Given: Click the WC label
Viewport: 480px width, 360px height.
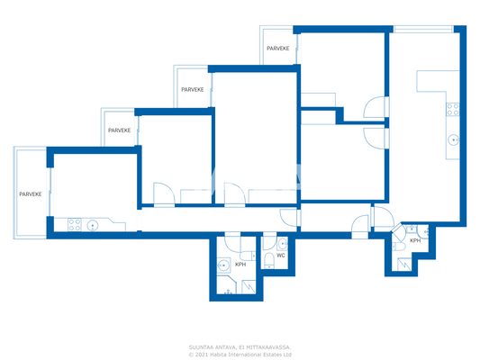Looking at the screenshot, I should click(280, 256).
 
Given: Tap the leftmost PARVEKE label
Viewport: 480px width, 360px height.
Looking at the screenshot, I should click(32, 193).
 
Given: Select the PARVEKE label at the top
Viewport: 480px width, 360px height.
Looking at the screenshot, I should click(278, 49).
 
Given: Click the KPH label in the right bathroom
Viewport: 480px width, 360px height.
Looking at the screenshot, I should click(415, 241).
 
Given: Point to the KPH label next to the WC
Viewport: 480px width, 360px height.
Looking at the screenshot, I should click(240, 265).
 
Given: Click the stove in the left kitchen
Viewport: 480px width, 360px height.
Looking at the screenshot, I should click(73, 224).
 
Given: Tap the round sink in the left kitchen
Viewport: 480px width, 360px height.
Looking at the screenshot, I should click(92, 224).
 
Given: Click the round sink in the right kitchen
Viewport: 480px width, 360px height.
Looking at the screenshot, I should click(454, 139).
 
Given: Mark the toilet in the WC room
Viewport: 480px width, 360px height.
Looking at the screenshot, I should click(270, 262).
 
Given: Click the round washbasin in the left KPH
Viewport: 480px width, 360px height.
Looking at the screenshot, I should click(223, 265).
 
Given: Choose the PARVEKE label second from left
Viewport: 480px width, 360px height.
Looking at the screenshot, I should click(119, 130).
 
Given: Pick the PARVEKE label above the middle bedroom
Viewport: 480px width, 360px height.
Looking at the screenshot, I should click(192, 89).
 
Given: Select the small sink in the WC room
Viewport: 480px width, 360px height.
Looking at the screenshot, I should click(283, 242).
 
